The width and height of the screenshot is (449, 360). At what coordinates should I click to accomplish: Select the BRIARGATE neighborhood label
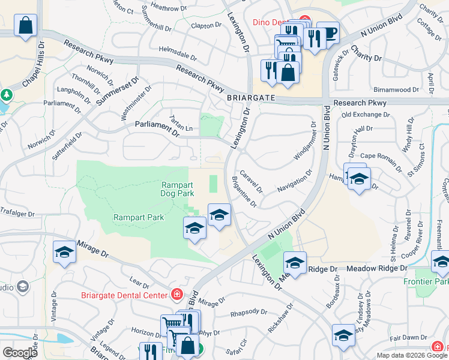point(251,97)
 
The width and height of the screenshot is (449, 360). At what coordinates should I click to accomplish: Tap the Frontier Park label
point(432,281)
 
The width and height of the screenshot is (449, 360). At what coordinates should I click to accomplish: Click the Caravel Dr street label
point(252,181)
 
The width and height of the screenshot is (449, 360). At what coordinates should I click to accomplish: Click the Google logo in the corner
point(20,353)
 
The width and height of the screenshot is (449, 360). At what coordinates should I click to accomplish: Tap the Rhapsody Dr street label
point(249,312)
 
